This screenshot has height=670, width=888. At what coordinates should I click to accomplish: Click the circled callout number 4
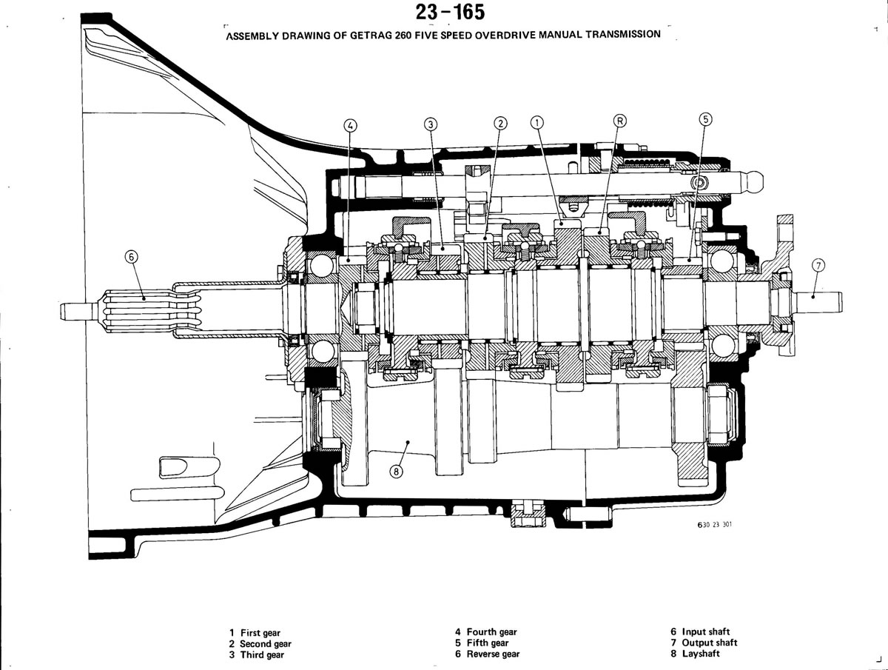tap(350, 125)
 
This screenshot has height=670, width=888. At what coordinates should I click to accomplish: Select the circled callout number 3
tap(431, 124)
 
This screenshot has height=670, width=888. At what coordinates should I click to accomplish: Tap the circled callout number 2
tap(500, 123)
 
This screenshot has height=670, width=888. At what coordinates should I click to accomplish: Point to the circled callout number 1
tap(536, 122)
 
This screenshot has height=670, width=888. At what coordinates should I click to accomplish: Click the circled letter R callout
tap(619, 121)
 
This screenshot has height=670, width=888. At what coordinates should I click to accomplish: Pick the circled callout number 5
tap(705, 119)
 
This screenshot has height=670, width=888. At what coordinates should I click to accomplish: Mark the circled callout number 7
tap(818, 266)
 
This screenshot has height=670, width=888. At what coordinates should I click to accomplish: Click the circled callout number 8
tap(396, 471)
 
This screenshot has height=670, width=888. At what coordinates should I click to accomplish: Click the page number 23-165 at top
tap(450, 12)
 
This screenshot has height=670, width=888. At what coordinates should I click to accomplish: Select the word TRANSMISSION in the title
tap(623, 34)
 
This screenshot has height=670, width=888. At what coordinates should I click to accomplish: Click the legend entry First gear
tap(255, 632)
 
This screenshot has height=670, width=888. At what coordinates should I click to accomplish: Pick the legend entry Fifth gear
tap(482, 643)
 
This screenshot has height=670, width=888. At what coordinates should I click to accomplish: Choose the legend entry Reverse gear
tap(488, 654)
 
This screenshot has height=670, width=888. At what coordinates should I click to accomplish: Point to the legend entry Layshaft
tap(695, 654)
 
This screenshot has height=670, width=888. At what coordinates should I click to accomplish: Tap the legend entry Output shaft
tap(704, 643)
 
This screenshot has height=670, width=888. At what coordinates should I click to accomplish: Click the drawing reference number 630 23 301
tap(715, 525)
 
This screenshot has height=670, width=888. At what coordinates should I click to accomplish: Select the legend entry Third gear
tap(257, 654)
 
